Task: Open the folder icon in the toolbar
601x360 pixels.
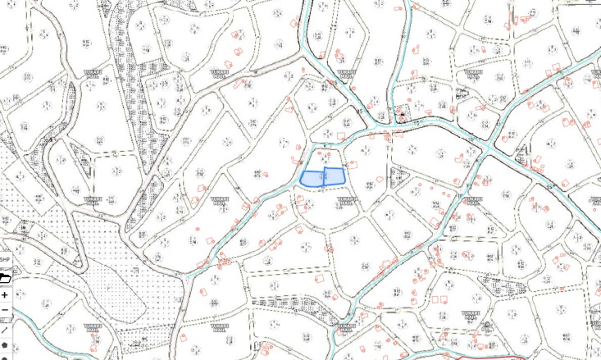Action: coord(5,278)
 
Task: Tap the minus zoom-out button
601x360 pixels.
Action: coord(5,310)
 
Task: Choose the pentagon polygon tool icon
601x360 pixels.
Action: coord(5,345)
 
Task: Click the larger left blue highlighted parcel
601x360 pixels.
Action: coord(312,179)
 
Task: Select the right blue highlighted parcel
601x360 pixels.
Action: coord(334,175)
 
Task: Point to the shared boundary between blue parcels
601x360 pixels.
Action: coord(324,177)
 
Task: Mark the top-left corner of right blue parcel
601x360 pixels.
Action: coord(325,169)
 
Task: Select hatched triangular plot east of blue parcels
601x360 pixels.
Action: coord(398,175)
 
